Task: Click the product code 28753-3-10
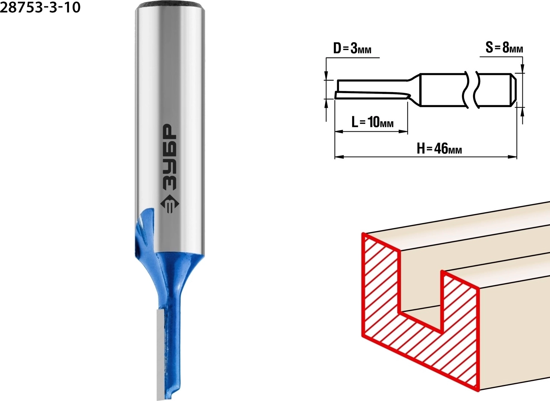point(40,7)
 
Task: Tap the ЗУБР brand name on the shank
point(170,157)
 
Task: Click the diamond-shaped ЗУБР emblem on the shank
point(170,204)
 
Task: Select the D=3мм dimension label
point(352,48)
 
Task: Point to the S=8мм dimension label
point(504,47)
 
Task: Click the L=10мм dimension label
point(373,122)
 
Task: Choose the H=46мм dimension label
point(439,148)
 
